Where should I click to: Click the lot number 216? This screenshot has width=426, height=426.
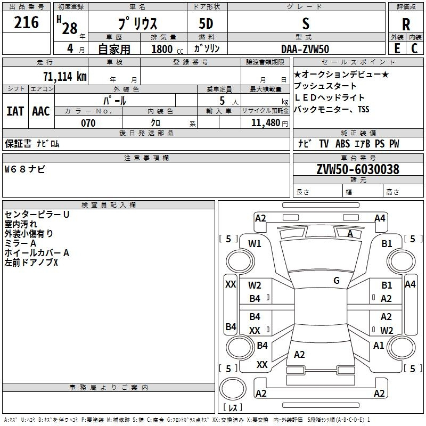pos(27,23)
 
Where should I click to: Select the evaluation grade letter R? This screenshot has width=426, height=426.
pos(406,24)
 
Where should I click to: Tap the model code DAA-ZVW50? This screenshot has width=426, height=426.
pos(305,49)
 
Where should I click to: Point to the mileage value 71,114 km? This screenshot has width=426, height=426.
pos(64,76)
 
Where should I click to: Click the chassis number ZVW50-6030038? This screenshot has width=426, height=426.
pos(357,169)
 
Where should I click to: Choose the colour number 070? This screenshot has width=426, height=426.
pos(88,123)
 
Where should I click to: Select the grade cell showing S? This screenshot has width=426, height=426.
pos(305,23)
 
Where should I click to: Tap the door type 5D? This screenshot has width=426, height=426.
pos(207,23)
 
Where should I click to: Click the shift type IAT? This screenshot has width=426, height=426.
pos(15,111)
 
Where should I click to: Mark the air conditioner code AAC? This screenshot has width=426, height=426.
pos(40,111)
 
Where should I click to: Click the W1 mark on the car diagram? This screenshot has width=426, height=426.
pos(255,244)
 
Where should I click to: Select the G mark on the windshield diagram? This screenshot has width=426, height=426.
pos(337,281)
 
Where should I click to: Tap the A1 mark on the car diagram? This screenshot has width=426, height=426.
pos(379,346)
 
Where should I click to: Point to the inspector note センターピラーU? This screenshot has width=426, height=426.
pos(37,214)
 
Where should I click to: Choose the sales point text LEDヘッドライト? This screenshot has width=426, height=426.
pos(330,98)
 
